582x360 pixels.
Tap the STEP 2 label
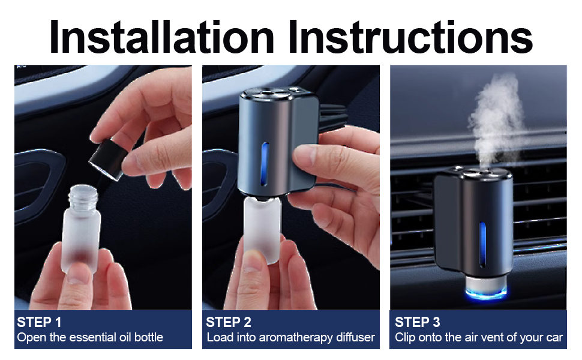[x=229, y=322]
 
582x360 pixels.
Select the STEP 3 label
[x=417, y=322]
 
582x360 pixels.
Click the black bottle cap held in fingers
[x=108, y=158]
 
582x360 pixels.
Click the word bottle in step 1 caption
[x=148, y=337]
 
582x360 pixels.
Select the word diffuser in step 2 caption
[x=354, y=337]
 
